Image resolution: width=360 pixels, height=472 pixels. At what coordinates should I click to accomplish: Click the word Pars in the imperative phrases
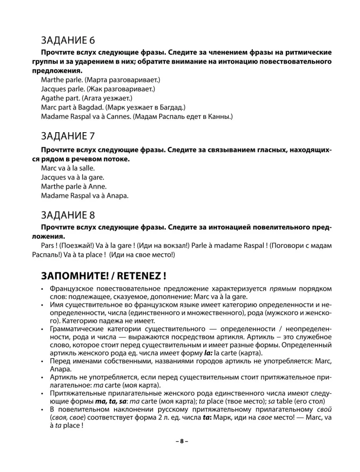point(49,245)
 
